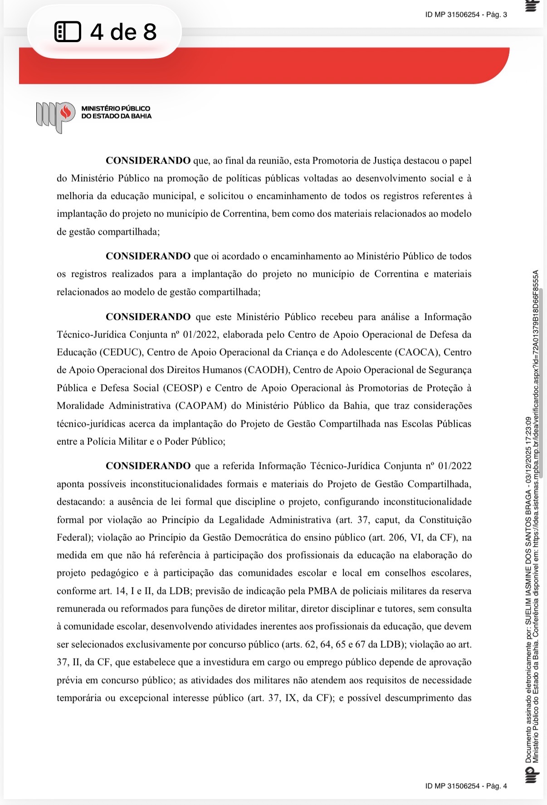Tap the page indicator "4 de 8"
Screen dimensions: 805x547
[x=123, y=32]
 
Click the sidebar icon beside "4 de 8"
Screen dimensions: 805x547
[x=68, y=32]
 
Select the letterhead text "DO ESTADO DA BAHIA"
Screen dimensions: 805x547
[x=116, y=116]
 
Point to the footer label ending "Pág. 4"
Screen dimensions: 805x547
[x=466, y=786]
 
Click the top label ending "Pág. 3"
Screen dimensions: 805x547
[x=466, y=14]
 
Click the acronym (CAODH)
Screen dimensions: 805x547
[x=267, y=370]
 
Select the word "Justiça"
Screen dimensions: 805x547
[x=387, y=161]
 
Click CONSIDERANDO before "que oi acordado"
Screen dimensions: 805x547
[x=148, y=256]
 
